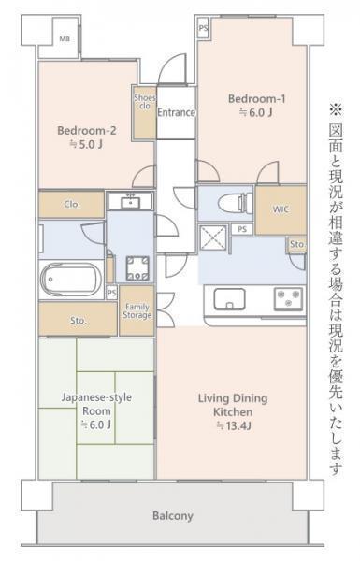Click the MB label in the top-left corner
64,39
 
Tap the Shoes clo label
145,101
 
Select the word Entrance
175,112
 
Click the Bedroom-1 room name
255,98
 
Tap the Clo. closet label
71,204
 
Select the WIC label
281,209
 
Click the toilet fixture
229,203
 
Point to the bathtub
71,279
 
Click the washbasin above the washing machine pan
129,201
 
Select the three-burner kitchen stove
287,299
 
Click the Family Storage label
137,311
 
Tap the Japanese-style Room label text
97,404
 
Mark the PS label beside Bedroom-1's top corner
204,29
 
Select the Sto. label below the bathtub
79,321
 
